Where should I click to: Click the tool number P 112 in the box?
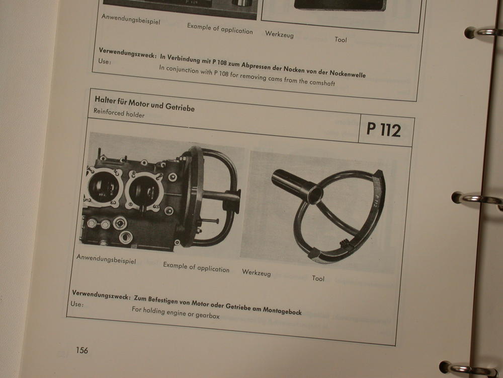(384, 130)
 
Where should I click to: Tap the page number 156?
(82, 350)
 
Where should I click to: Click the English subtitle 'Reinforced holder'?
(119, 113)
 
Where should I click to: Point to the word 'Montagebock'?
(282, 310)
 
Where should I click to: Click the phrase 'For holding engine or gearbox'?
(176, 312)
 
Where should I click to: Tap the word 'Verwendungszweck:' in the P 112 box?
(101, 295)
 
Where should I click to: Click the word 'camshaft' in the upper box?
(322, 82)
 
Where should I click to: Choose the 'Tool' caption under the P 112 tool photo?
(318, 278)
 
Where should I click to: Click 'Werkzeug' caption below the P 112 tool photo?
(257, 273)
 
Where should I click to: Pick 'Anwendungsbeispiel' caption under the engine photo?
(106, 259)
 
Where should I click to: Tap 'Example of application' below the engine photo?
(196, 267)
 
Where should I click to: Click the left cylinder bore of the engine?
(102, 187)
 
